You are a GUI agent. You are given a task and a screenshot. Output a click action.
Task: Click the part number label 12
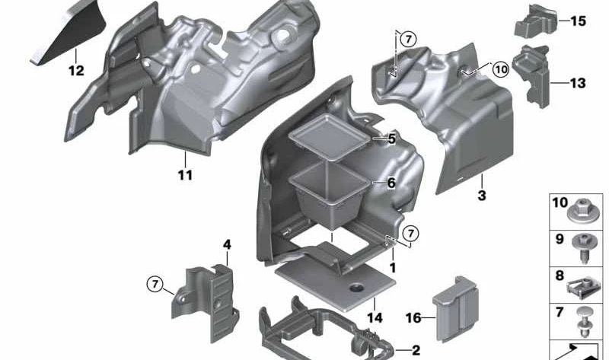pos(76,71)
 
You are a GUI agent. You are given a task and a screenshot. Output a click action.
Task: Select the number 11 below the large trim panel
pos(185,175)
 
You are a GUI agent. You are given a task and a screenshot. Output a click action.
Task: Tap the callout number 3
pos(482,196)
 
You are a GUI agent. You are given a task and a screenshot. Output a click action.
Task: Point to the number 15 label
pos(578,21)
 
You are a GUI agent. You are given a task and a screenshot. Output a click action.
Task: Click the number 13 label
pos(578,83)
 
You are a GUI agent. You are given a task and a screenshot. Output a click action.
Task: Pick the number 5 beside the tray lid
pos(391,139)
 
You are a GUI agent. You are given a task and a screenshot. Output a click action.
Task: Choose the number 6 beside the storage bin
pos(391,183)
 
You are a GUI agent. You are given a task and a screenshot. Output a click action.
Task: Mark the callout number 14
pos(375,317)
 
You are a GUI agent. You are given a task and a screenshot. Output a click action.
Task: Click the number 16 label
pos(413,318)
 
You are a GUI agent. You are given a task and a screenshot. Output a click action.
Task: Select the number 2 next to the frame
pos(416,350)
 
